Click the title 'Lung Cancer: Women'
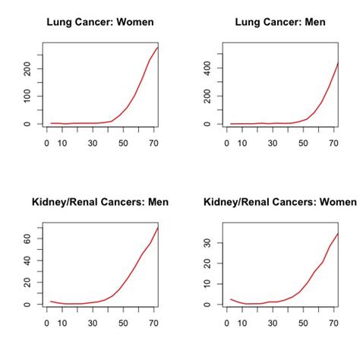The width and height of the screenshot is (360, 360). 99,22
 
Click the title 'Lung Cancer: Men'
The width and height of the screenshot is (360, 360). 280,22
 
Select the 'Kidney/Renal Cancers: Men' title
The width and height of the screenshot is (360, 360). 99,202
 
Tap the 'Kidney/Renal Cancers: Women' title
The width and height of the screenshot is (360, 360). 280,202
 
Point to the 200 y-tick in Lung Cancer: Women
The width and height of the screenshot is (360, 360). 28,69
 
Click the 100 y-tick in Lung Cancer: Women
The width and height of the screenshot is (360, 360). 28,96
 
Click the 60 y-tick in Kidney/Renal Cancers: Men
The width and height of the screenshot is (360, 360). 28,238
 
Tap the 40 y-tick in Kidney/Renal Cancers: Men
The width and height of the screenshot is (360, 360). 28,261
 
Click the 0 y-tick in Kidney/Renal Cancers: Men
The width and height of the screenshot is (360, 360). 28,305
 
